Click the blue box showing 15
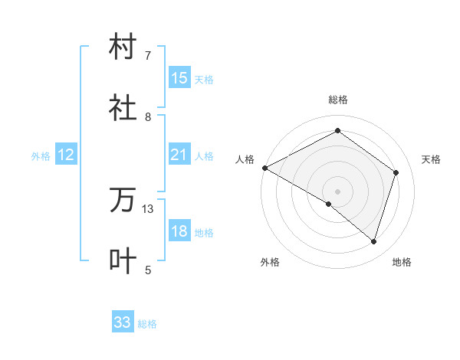point(179,78)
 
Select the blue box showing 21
point(179,155)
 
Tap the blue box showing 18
point(179,232)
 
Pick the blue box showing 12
point(66,155)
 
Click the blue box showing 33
point(123,323)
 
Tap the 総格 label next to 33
point(147,324)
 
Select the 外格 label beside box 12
point(41,156)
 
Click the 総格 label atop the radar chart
point(338,100)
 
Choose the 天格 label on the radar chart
point(432,159)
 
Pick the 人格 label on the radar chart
point(245,159)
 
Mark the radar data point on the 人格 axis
point(264,168)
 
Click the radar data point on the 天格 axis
point(396,172)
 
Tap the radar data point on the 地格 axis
point(374,241)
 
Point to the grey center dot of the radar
point(338,191)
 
